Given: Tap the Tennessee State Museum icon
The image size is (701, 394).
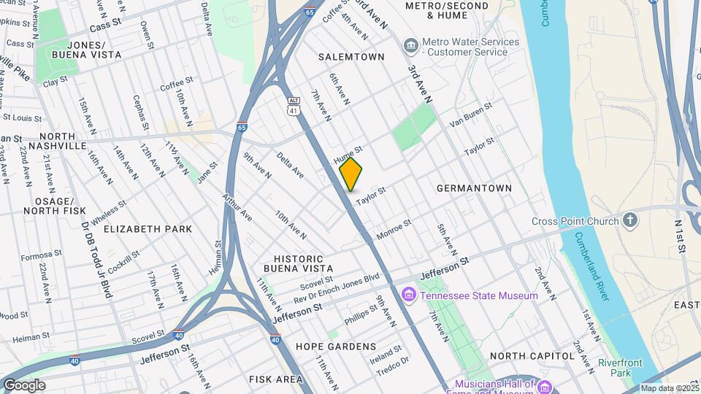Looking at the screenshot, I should point(408,295).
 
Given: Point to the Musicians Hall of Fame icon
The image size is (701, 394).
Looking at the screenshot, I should point(543,385).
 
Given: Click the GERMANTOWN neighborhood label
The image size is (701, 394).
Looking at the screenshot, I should point(474,188).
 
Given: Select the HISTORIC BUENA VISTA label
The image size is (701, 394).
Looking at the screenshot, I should point(298,264).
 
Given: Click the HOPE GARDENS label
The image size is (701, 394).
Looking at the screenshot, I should point(336,347).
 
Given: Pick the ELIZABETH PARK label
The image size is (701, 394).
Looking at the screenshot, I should point(148,228).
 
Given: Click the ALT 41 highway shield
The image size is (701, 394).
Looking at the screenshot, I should point(294,107).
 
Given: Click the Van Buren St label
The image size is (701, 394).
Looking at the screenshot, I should point(471,114).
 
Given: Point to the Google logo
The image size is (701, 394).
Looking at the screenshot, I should point(24,385).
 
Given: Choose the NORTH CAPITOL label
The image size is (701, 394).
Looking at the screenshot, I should point(533,355).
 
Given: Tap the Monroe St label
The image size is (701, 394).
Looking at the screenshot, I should point(394,230).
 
